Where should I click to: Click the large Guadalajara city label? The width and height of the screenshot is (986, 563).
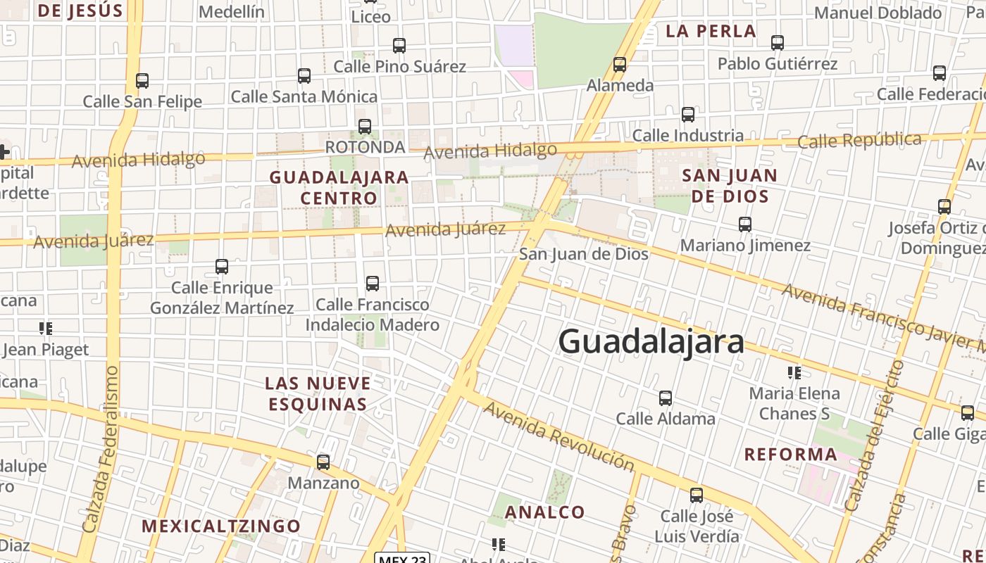pos(651,342)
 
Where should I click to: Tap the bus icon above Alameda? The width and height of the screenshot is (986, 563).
pos(620,65)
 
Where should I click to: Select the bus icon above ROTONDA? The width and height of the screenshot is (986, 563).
pos(365,127)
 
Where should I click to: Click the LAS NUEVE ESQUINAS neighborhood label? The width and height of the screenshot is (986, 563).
pos(318,393)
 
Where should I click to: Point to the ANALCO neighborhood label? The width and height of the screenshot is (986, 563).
pos(545,512)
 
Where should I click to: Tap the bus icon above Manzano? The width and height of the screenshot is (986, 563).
pos(323,462)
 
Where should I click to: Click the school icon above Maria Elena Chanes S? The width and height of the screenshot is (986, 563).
pos(794,372)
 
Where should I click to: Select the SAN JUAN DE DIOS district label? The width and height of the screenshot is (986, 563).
pos(730,186)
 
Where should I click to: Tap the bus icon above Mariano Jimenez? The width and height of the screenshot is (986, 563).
pos(745,224)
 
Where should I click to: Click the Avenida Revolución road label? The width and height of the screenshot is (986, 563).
pos(559,436)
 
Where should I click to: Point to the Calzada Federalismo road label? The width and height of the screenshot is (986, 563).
pos(101,448)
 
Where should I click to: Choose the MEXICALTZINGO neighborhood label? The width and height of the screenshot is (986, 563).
pos(221,526)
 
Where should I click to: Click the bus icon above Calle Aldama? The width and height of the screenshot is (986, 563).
pos(666,398)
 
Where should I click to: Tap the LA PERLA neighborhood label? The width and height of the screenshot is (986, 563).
pos(711,31)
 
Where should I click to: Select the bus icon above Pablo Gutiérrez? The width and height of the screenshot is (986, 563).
pos(778,43)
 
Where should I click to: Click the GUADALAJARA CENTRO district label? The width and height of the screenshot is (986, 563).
pos(339,187)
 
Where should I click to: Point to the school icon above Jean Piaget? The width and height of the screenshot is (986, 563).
pos(46,328)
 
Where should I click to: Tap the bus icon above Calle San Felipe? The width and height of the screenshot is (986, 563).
pos(142,81)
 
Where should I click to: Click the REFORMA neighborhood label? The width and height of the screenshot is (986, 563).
pos(791,455)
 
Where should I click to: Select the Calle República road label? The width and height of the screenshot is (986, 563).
pos(859,141)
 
